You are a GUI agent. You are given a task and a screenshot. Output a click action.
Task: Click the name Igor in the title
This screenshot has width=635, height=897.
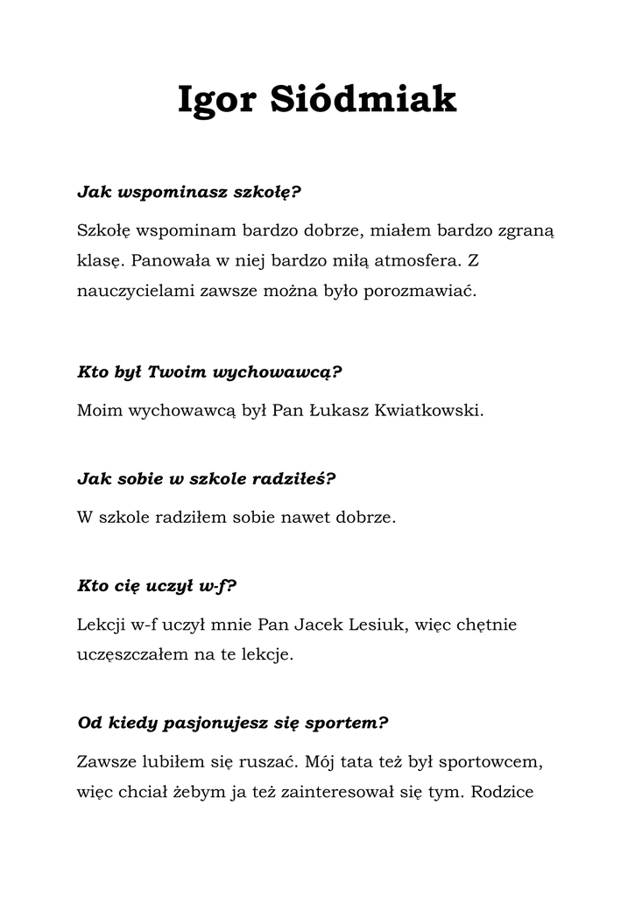point(215,100)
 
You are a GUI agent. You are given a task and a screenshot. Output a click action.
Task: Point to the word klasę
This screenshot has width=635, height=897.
point(98,260)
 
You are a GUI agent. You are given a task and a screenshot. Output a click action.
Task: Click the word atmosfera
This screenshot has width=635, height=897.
point(414,260)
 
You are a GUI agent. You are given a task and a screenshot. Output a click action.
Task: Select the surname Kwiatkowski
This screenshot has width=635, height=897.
point(429,410)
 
